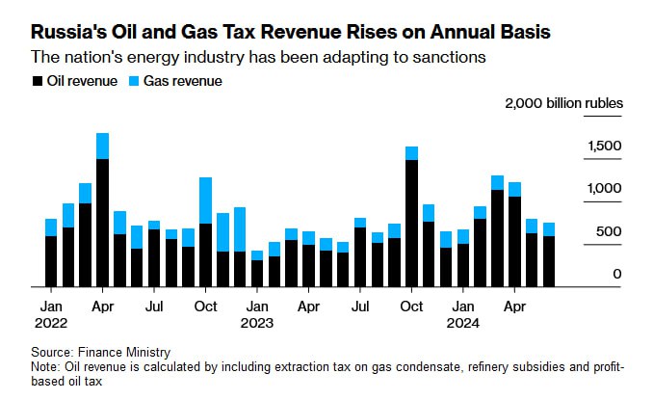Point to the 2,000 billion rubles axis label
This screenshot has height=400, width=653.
point(563,103)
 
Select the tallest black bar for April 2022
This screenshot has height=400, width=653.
point(102,222)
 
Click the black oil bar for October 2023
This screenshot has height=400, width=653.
point(411,223)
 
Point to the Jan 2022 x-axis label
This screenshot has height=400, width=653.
point(51,313)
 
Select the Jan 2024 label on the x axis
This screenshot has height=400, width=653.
point(463,313)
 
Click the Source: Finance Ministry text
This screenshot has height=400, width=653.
point(94,353)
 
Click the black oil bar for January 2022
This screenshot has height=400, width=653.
point(51,261)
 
